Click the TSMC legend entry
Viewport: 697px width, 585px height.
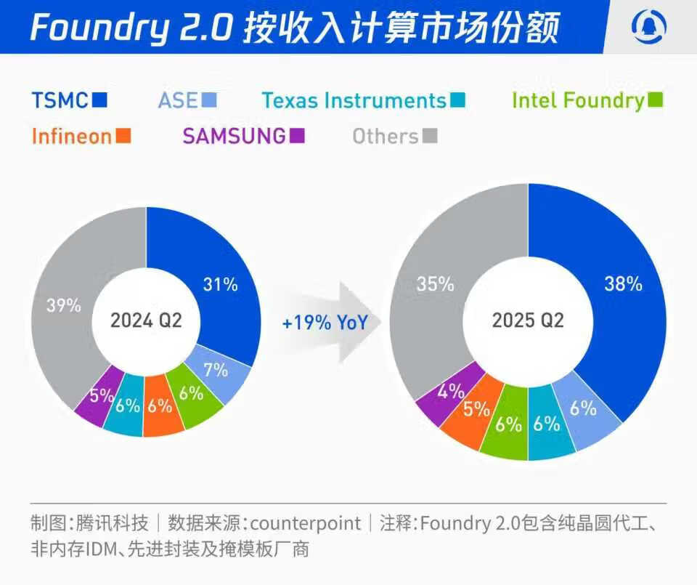click(x=70, y=100)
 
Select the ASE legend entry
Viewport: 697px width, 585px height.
click(x=187, y=100)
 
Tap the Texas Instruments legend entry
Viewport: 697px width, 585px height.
click(x=363, y=100)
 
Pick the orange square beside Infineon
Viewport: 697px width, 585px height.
click(x=123, y=135)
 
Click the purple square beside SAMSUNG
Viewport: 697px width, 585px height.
click(x=297, y=135)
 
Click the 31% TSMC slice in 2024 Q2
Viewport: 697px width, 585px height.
click(x=221, y=284)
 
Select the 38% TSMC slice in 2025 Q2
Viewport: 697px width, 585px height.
click(x=623, y=284)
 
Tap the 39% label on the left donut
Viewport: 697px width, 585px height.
click(x=63, y=305)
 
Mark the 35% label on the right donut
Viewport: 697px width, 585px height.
click(x=436, y=283)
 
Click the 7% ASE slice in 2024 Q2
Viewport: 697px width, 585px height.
click(x=216, y=369)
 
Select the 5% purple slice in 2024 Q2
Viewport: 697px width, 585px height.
click(x=102, y=396)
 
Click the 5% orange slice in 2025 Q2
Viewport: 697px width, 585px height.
click(x=476, y=410)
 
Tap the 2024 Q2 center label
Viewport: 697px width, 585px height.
click(x=145, y=320)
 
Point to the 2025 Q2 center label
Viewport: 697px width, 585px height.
click(x=528, y=320)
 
